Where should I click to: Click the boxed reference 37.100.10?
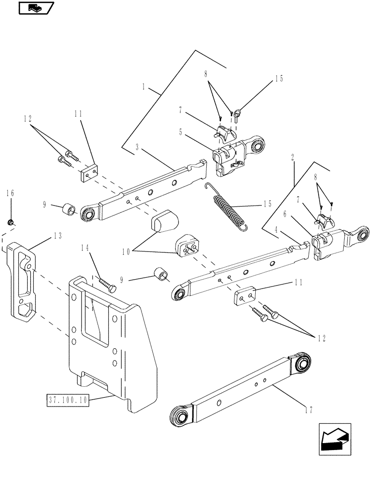68,400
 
